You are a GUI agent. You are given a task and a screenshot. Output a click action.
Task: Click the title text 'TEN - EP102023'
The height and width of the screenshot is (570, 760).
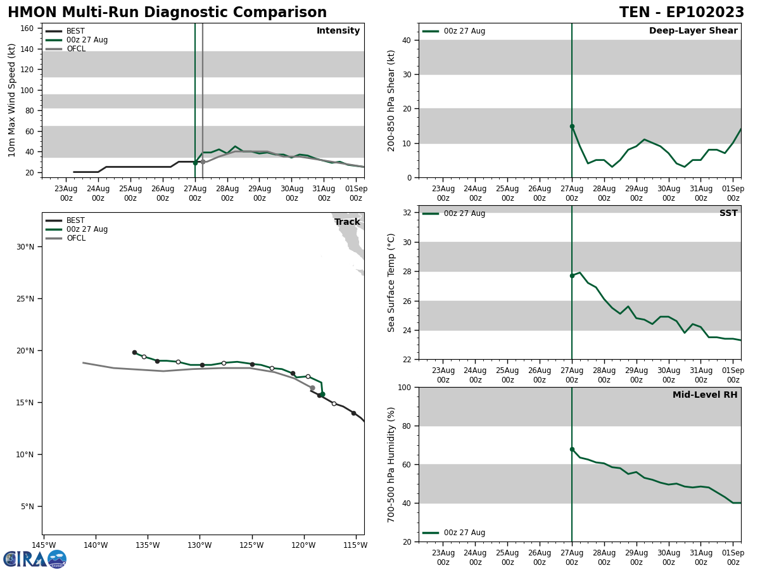point(681,13)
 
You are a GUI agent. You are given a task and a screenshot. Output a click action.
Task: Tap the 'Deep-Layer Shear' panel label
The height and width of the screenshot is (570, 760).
point(693,31)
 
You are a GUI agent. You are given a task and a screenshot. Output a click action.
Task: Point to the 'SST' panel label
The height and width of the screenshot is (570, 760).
point(728,213)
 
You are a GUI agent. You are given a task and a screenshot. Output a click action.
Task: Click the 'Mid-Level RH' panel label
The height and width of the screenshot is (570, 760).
point(705,395)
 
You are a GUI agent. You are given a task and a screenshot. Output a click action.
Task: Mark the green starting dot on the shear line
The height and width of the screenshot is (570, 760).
point(572,126)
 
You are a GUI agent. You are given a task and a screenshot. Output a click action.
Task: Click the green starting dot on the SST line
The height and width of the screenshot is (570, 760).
point(572,275)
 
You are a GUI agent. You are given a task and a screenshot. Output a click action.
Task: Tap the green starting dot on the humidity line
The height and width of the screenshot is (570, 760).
point(572,450)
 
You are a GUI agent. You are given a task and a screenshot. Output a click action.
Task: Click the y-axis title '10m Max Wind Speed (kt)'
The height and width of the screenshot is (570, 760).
point(12,100)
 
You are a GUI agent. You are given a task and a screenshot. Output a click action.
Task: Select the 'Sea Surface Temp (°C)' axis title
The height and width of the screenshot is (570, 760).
point(391,282)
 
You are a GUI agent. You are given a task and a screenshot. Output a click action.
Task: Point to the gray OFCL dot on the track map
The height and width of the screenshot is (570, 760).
point(312,388)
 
